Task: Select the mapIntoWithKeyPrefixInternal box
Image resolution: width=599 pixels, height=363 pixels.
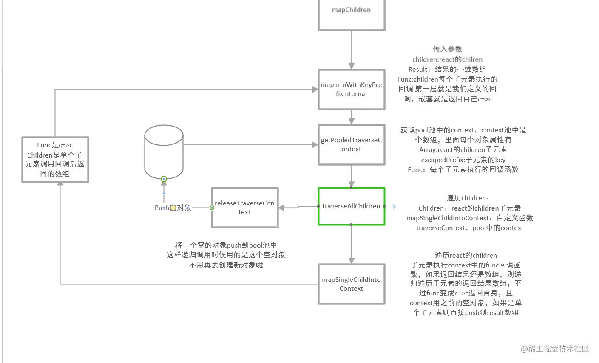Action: (x=351, y=90)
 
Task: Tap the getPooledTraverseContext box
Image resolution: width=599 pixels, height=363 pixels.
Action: (x=351, y=145)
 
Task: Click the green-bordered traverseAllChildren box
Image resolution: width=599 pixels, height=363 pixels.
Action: (x=351, y=206)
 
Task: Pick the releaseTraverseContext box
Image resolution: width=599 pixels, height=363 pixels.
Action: (x=244, y=208)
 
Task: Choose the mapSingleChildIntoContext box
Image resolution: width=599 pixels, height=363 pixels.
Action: (x=351, y=284)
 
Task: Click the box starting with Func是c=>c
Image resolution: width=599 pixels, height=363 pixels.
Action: (x=55, y=160)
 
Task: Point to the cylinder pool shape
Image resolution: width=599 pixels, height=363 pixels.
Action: (x=164, y=151)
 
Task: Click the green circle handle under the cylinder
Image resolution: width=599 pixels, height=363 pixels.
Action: (x=164, y=179)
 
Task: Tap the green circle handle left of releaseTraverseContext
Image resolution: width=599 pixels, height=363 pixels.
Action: (x=212, y=208)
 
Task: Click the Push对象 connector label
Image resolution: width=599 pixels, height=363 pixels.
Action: (x=173, y=208)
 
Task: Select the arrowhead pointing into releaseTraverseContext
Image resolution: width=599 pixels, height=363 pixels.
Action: (x=282, y=208)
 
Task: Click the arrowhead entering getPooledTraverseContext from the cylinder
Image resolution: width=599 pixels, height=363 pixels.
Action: (x=315, y=145)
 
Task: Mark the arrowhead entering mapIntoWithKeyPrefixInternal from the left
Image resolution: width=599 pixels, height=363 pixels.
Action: (x=315, y=89)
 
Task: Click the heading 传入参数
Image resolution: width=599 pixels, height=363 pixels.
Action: (x=447, y=49)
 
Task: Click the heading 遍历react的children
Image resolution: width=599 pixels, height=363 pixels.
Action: (x=466, y=256)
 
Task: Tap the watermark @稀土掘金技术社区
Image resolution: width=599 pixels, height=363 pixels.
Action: (x=555, y=349)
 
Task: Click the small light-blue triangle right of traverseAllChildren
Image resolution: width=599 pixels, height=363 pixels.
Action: (x=395, y=206)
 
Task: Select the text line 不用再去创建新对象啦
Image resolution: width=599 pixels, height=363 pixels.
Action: (x=226, y=265)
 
